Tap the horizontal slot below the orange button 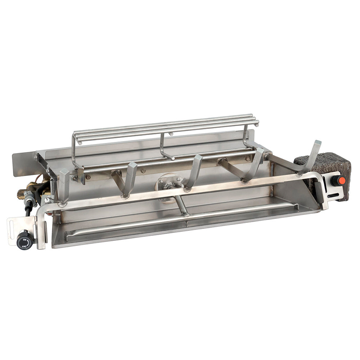[334, 195]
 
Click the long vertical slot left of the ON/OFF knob [12, 230]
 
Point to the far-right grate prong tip [318, 142]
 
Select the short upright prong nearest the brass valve [64, 186]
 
